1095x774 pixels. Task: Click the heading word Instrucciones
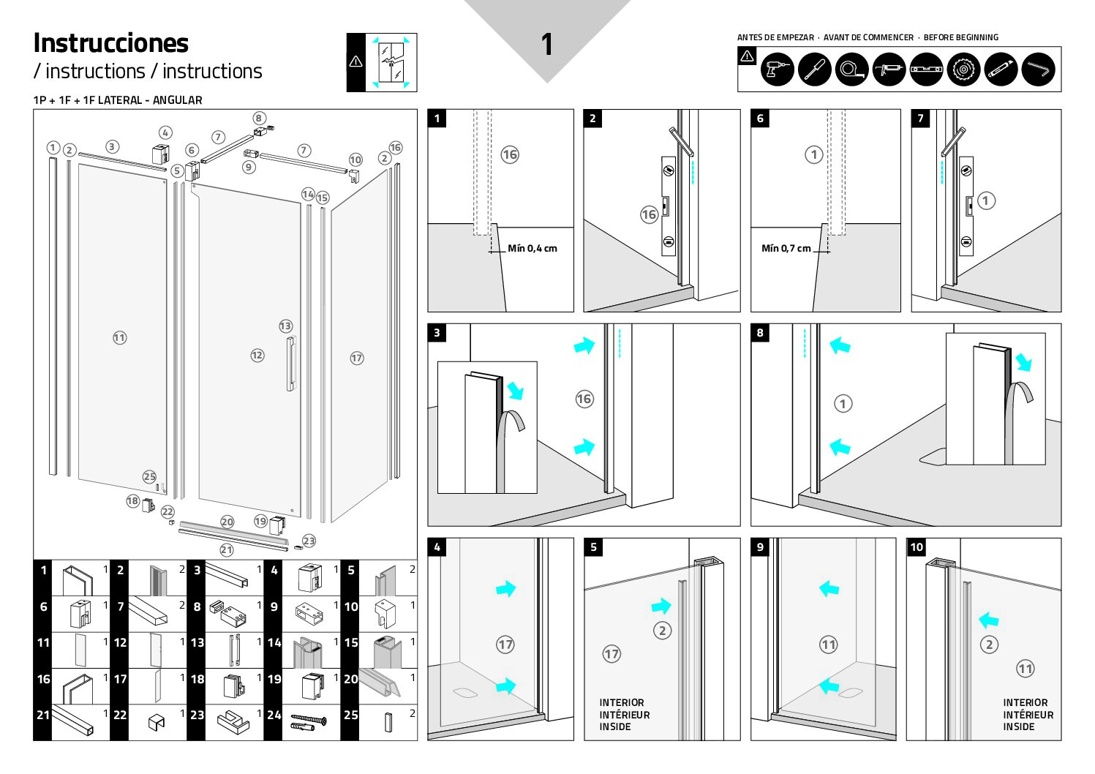[x=111, y=43]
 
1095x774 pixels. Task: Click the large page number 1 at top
[x=546, y=45]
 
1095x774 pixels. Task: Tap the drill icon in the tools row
[x=777, y=70]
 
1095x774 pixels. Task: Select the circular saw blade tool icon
[x=963, y=70]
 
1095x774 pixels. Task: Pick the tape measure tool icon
[x=851, y=70]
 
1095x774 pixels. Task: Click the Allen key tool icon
[x=1038, y=70]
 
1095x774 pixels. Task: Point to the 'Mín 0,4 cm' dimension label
[x=533, y=249]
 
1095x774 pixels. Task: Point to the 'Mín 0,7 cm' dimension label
[x=786, y=249]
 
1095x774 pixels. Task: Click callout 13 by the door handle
[x=285, y=326]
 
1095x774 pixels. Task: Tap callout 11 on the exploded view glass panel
[x=120, y=338]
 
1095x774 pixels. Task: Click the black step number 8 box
[x=760, y=333]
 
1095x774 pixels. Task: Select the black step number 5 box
[x=593, y=547]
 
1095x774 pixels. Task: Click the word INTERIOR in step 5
[x=622, y=702]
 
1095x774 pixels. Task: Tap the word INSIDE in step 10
[x=1018, y=726]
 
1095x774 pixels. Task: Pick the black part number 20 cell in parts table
[x=351, y=679]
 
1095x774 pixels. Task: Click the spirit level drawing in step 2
[x=668, y=206]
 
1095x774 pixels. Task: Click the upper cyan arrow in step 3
[x=584, y=345]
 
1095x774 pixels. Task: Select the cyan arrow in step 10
[x=988, y=620]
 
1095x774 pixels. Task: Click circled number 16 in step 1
[x=510, y=154]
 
